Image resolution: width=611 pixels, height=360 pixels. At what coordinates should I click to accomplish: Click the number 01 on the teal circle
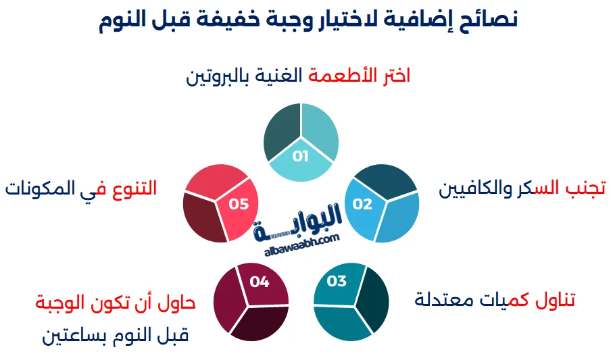pyautogui.click(x=301, y=156)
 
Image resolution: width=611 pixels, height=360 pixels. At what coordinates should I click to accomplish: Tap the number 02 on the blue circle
pyautogui.click(x=363, y=204)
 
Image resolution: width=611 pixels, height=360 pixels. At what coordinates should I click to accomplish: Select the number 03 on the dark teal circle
pyautogui.click(x=337, y=281)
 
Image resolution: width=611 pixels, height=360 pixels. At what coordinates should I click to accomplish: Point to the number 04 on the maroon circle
pyautogui.click(x=260, y=282)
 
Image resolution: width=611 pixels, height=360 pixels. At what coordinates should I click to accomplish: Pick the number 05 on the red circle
pyautogui.click(x=239, y=204)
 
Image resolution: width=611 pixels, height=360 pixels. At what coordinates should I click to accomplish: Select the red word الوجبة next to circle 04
pyautogui.click(x=62, y=303)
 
